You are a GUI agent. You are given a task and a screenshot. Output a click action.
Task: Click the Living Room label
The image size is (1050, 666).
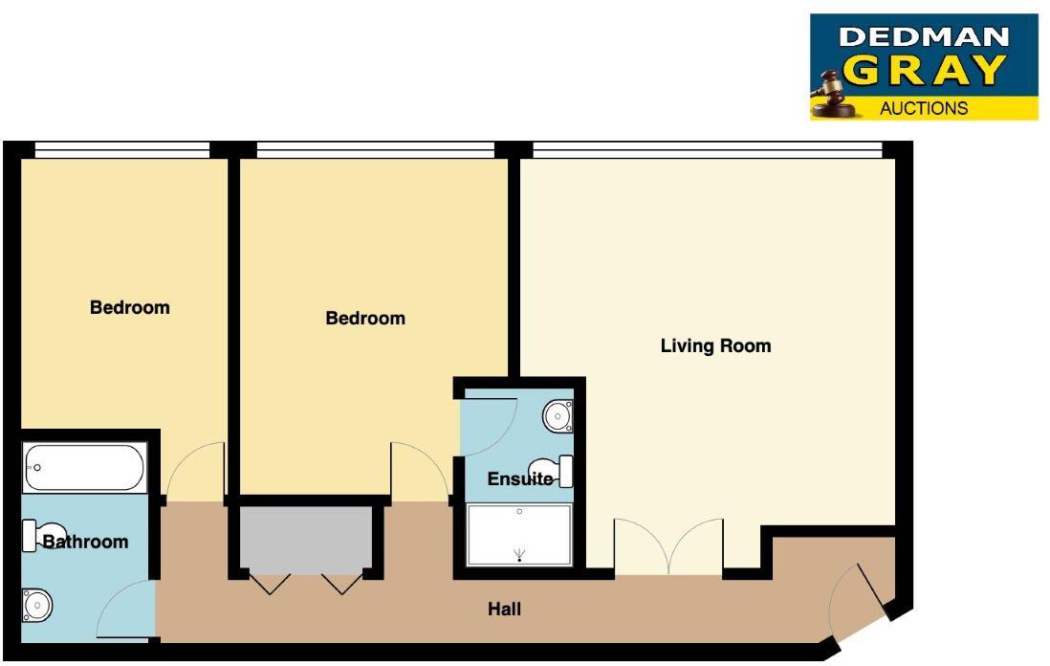tap(715, 345)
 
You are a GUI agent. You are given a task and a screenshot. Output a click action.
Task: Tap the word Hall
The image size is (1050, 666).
tap(504, 609)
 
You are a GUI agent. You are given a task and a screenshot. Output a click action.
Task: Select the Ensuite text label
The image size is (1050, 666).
tap(520, 478)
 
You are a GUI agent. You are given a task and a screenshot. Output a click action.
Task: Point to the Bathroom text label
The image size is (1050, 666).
tap(85, 542)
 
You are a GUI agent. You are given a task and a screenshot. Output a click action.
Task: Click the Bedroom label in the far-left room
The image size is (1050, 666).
tap(129, 307)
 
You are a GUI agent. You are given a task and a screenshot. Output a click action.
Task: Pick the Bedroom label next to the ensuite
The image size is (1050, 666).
tap(365, 318)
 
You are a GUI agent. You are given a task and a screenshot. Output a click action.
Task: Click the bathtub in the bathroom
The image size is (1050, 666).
tap(85, 468)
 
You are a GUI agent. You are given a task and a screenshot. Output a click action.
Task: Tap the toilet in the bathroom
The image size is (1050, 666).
tap(45, 533)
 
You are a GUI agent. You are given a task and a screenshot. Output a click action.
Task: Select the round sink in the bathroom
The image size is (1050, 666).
tap(38, 605)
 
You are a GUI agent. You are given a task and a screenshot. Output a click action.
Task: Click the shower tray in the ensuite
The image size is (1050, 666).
tap(519, 535)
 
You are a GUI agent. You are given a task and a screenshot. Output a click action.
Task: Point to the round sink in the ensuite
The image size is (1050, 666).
tap(558, 416)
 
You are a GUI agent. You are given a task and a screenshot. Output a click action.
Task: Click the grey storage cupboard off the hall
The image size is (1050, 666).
tap(305, 539)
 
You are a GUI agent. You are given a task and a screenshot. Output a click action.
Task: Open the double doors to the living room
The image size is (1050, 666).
tap(668, 549)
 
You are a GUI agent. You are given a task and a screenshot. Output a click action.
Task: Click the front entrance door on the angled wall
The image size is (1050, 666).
tap(860, 598)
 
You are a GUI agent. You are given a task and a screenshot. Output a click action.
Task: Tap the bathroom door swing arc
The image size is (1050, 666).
tap(124, 612)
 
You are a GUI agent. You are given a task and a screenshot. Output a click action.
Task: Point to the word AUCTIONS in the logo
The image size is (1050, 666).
tap(924, 108)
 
